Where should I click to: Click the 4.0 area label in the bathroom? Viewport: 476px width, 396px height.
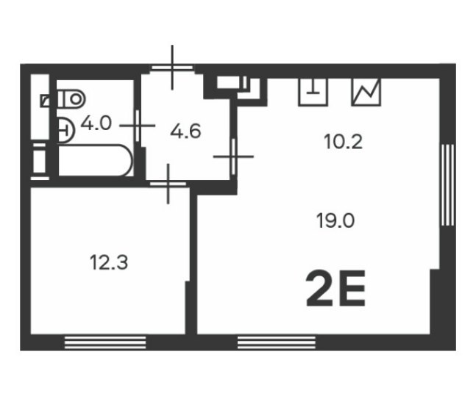point(96,123)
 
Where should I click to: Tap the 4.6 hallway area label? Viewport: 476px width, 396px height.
point(185,132)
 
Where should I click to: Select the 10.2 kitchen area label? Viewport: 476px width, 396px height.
point(343,142)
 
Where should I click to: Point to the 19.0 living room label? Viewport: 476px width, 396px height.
point(335,220)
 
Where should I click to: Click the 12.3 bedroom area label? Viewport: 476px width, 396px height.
point(109,262)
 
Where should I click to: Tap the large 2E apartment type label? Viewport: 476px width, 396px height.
point(335,288)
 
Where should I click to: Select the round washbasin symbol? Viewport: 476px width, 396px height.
point(65,130)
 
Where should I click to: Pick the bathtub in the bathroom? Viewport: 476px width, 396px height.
point(95,160)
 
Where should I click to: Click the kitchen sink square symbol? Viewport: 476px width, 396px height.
point(313,92)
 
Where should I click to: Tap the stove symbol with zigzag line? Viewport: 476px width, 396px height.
point(366,92)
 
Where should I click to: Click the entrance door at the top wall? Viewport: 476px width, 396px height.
point(172,68)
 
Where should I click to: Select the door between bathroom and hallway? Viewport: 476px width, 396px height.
point(138,126)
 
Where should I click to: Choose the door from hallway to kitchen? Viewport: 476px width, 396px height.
point(233,156)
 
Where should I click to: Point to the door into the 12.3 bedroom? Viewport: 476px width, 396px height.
point(168,184)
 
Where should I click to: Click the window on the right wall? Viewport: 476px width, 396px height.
point(448,185)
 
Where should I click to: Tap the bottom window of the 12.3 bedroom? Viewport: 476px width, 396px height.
point(105,342)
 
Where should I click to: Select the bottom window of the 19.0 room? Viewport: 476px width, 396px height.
point(277,342)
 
